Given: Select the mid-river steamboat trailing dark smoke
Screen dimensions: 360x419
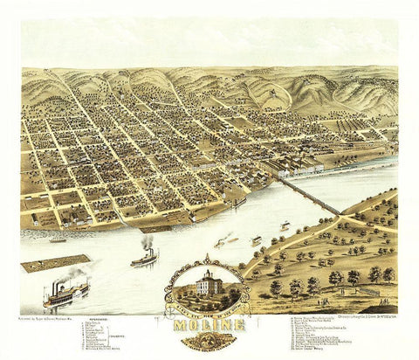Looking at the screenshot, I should click(143, 257).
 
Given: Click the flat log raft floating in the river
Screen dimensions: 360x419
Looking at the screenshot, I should click(56, 262).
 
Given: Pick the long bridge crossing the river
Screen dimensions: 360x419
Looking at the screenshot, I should click(308, 194).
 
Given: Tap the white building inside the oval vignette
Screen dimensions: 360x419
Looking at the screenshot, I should click(209, 284).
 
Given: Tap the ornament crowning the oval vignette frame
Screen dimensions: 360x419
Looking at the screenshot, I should click(209, 259).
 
